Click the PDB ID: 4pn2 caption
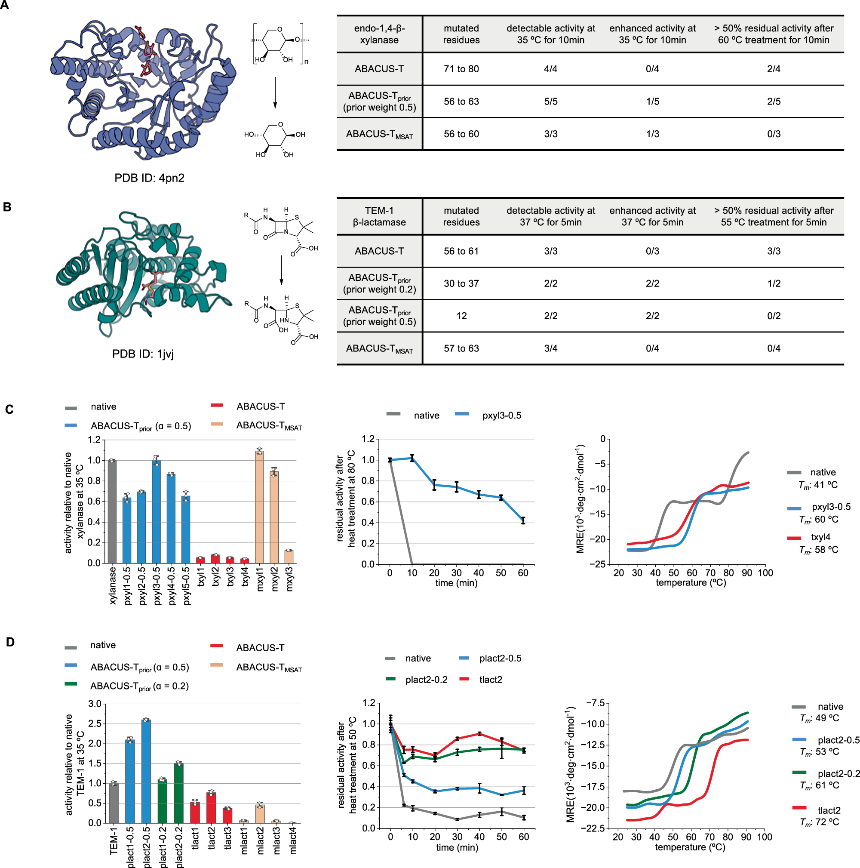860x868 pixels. click(x=149, y=178)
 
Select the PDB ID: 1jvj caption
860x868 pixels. click(x=143, y=354)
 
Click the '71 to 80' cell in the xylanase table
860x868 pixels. click(x=461, y=69)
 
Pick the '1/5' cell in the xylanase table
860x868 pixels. click(x=652, y=102)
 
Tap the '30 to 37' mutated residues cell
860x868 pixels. click(x=461, y=283)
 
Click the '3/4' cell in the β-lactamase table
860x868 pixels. click(x=550, y=348)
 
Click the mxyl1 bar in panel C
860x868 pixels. click(x=259, y=508)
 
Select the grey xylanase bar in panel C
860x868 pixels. click(x=112, y=512)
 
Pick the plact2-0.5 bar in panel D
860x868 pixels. click(x=146, y=771)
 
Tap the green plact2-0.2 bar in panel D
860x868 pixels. click(x=178, y=793)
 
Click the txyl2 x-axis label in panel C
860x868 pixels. click(x=216, y=576)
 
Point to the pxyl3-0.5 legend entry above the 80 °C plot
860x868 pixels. click(x=501, y=416)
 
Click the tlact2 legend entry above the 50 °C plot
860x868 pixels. click(x=490, y=680)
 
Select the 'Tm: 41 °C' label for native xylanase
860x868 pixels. click(x=818, y=485)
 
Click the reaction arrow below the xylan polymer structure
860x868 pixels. click(x=275, y=92)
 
